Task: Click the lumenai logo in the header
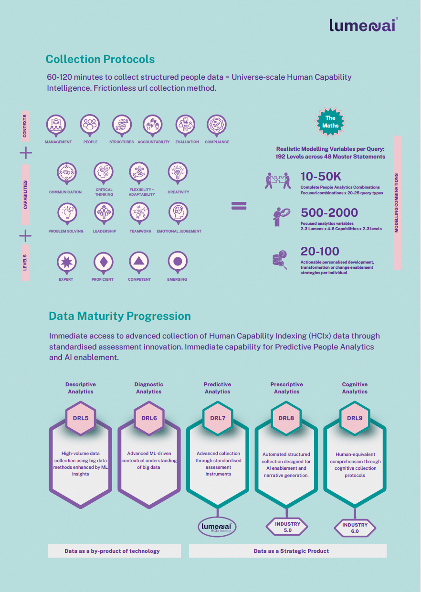tap(363, 25)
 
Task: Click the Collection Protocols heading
tap(100, 59)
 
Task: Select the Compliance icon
tap(217, 124)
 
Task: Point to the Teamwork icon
tap(140, 212)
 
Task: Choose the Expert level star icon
tap(66, 262)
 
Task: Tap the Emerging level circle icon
tap(178, 262)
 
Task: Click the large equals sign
tap(239, 206)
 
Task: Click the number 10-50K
tap(321, 177)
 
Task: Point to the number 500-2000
tap(329, 213)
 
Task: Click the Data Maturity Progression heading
tap(120, 316)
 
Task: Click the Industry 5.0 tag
tap(287, 527)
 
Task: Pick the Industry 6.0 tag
tap(355, 528)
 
